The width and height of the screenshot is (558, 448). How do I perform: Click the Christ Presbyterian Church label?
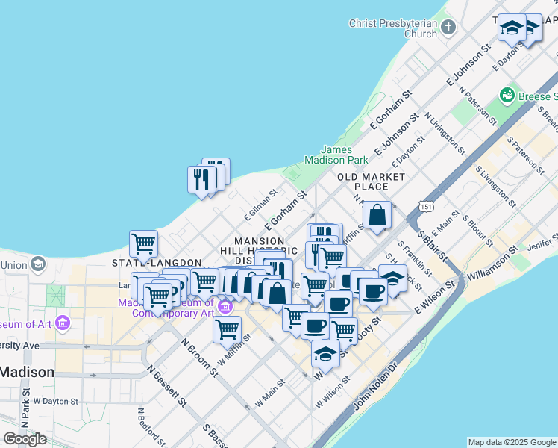(x=393, y=28)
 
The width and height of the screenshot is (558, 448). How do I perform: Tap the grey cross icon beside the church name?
(x=448, y=28)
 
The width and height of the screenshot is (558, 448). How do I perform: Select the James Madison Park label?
(x=336, y=155)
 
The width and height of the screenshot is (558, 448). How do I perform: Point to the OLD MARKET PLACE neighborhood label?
(x=372, y=181)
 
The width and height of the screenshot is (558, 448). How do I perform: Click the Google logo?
(x=25, y=439)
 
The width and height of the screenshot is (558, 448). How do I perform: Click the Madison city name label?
(x=26, y=372)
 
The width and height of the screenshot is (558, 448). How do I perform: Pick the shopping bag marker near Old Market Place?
(x=377, y=215)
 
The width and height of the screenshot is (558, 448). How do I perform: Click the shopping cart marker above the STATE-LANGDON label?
(x=143, y=243)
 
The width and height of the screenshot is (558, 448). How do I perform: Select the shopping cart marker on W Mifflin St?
(x=227, y=328)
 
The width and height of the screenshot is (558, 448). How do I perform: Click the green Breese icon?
(x=508, y=96)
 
